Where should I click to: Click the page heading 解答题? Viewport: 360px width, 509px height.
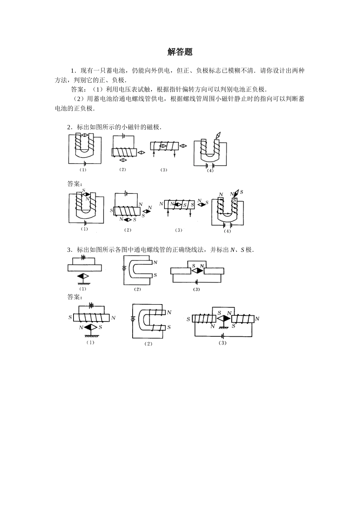coord(180,52)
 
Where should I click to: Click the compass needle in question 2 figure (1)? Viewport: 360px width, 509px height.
coord(85,136)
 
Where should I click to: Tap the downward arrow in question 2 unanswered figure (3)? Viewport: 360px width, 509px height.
coord(175,154)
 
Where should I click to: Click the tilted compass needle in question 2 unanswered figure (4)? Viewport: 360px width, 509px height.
coord(218,135)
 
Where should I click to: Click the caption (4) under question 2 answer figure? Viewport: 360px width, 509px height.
coord(227,231)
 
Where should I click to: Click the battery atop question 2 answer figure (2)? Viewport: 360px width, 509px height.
coord(126,193)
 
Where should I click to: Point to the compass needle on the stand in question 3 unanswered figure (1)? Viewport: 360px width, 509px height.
coord(83,276)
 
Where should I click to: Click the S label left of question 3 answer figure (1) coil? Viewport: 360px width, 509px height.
coord(70,317)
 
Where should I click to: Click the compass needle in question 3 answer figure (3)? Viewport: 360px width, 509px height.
coord(224,319)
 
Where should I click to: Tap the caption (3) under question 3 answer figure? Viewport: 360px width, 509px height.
coord(222,343)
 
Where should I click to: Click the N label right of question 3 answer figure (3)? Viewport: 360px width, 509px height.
coord(257,319)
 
